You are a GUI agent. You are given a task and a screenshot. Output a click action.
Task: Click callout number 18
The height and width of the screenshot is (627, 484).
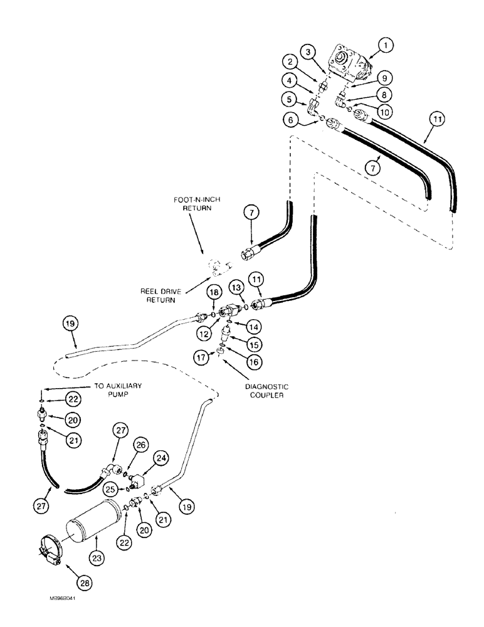tap(214, 292)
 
